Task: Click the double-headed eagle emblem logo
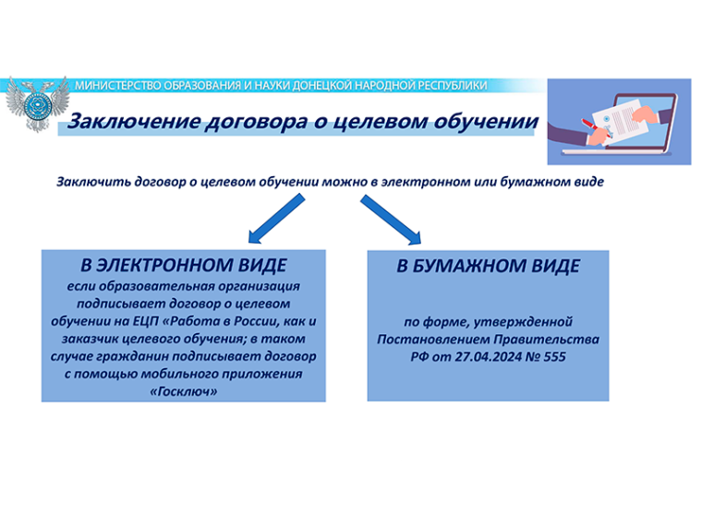(38, 103)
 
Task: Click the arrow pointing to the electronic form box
(277, 219)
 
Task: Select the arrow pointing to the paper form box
(391, 220)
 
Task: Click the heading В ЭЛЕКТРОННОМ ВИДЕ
(184, 265)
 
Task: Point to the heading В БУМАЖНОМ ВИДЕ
(488, 266)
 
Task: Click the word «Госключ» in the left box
(184, 392)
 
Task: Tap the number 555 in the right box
(554, 356)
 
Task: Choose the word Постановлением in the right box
(433, 339)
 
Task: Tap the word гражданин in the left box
(127, 356)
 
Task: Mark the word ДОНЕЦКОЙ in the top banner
(321, 86)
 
